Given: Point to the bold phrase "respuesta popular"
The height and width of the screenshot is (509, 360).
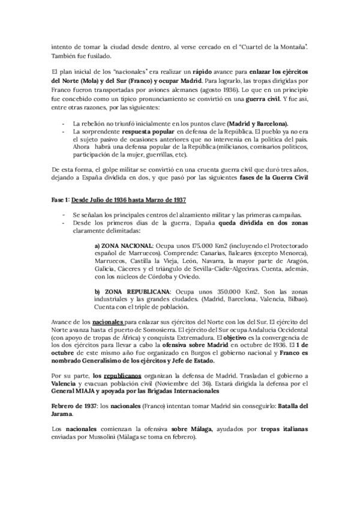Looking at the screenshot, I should tap(152, 130).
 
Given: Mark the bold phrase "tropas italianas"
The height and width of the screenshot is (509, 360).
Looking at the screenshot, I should tap(284, 428).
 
